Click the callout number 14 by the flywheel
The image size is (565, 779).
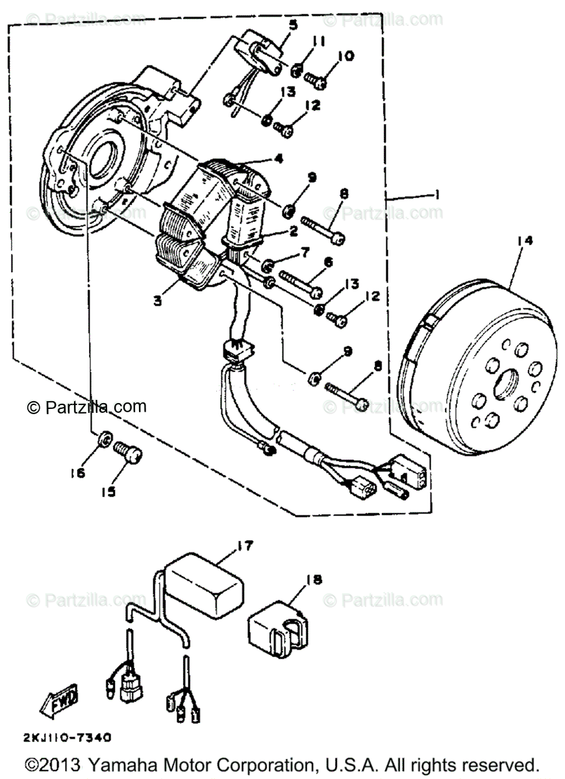525,241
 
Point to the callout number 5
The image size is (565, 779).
294,25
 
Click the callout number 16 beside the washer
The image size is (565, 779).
77,473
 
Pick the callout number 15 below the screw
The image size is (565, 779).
108,491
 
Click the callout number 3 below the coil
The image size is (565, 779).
158,301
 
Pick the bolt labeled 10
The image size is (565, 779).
316,80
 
